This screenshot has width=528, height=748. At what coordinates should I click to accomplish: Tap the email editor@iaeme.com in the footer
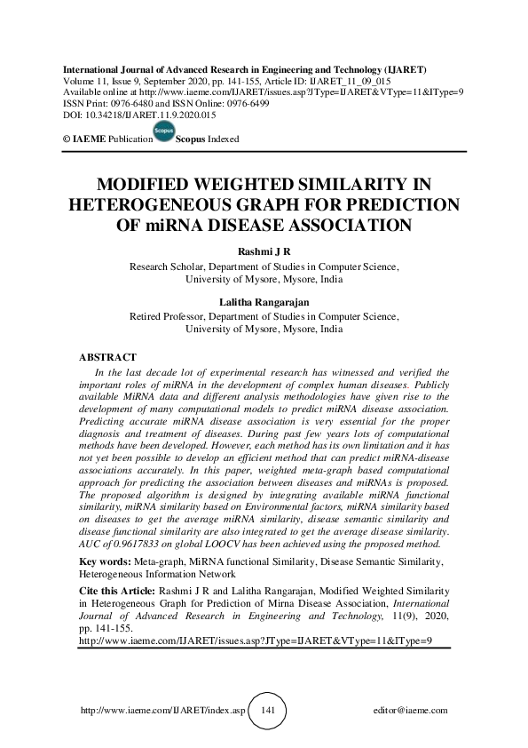412,712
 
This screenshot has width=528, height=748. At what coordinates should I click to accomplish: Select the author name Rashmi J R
264,252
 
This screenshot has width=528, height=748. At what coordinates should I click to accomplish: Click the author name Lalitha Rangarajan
264,302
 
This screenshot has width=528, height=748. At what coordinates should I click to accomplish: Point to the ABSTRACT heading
108,356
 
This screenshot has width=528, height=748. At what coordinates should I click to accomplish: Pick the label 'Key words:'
105,562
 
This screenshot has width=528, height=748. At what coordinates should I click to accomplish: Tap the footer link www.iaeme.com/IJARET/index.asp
162,712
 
